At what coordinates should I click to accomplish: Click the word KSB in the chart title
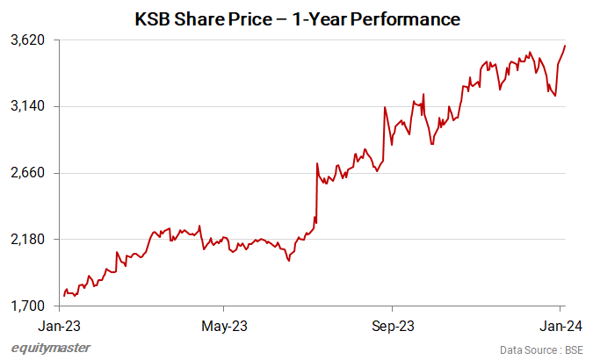tap(153, 18)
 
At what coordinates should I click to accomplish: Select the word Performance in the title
tap(411, 18)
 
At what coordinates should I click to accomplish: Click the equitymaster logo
tap(50, 349)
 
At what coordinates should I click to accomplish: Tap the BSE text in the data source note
tap(573, 349)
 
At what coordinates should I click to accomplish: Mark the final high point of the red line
tap(565, 46)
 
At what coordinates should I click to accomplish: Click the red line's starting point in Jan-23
tap(64, 296)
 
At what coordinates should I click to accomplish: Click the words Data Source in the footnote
tap(526, 349)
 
